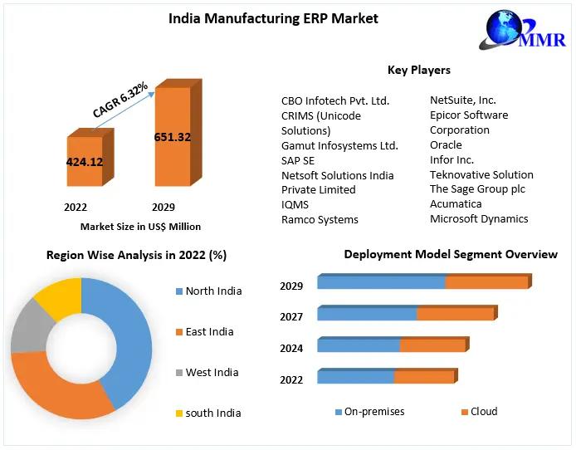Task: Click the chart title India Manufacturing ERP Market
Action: (x=273, y=18)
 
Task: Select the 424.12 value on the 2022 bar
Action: (x=85, y=162)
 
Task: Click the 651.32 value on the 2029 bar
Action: (x=173, y=137)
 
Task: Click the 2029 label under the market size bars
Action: (x=163, y=207)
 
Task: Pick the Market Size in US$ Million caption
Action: (x=140, y=226)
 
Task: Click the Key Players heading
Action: (x=418, y=71)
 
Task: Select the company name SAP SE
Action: (x=298, y=160)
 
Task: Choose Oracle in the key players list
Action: (x=446, y=144)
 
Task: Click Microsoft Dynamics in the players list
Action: (x=479, y=219)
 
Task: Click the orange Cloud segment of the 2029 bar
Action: (x=487, y=283)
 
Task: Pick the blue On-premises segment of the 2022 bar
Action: (x=355, y=378)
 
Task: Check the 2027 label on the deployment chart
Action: (x=291, y=316)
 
